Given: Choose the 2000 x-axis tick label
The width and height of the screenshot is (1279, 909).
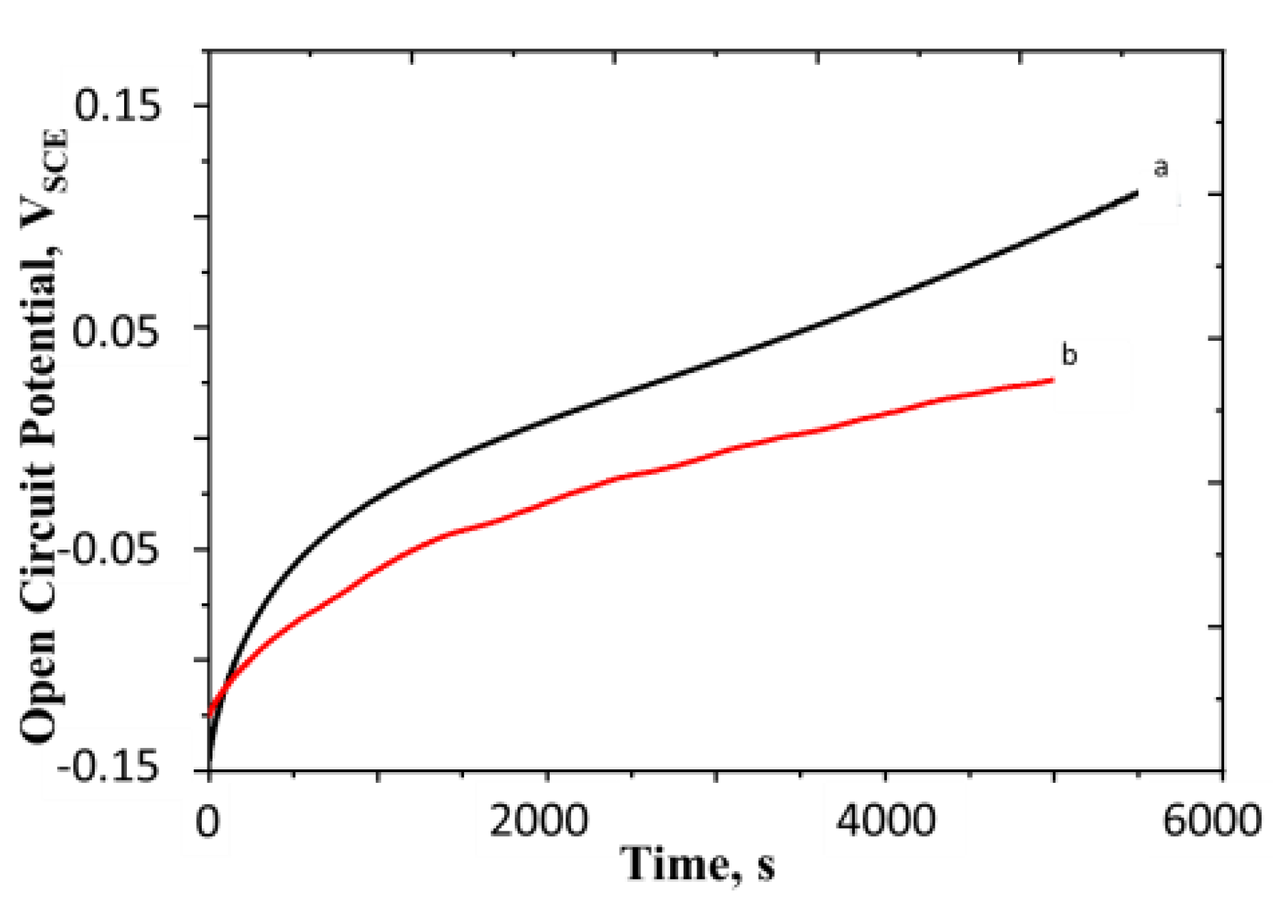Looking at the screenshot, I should (x=539, y=821).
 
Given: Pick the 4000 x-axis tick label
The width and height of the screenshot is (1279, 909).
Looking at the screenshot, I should (x=885, y=821).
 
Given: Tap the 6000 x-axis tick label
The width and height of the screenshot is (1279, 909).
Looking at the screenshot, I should (x=1212, y=821).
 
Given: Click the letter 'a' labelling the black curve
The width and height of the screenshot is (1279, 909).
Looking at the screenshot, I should (x=1161, y=168).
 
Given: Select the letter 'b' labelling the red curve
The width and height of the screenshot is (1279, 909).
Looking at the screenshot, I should (x=1069, y=354).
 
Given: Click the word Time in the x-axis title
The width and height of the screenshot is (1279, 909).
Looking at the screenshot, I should (x=674, y=865).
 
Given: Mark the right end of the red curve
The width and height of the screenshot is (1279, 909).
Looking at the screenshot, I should (x=1052, y=380).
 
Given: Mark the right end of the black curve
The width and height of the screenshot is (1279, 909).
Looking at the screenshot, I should (x=1136, y=192).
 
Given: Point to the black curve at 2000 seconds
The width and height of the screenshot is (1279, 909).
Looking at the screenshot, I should (x=546, y=422).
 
